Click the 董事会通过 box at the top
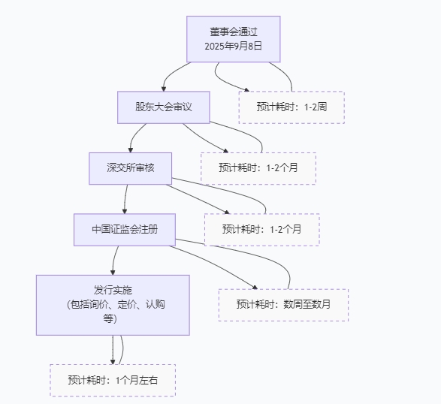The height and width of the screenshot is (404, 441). [x=234, y=39]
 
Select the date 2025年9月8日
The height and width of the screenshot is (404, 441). [x=234, y=46]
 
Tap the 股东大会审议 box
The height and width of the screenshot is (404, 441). [x=164, y=107]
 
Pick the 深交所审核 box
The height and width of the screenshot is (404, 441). [x=130, y=169]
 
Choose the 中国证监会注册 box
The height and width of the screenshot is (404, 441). [x=125, y=230]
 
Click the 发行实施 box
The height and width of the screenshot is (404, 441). [x=113, y=305]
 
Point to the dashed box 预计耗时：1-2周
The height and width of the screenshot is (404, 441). [x=291, y=107]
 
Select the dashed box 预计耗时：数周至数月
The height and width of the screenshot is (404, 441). [x=283, y=305]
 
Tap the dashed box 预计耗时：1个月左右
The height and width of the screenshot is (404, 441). [x=113, y=381]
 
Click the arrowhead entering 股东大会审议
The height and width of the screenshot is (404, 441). [x=164, y=89]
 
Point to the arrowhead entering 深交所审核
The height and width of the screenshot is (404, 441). [x=130, y=150]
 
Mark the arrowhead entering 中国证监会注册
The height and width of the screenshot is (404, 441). [x=125, y=211]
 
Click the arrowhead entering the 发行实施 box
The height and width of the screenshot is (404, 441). [x=113, y=273]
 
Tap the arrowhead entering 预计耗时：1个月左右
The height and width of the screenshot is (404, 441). [x=113, y=362]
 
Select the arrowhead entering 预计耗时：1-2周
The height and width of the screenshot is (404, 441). [x=246, y=89]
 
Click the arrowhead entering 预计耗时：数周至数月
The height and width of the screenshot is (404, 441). [x=255, y=288]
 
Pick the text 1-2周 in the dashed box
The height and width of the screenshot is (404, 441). [x=316, y=107]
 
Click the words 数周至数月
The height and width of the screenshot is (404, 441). [x=307, y=304]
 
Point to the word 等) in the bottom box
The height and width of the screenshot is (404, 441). [x=110, y=319]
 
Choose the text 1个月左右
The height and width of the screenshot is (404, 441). [x=137, y=381]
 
